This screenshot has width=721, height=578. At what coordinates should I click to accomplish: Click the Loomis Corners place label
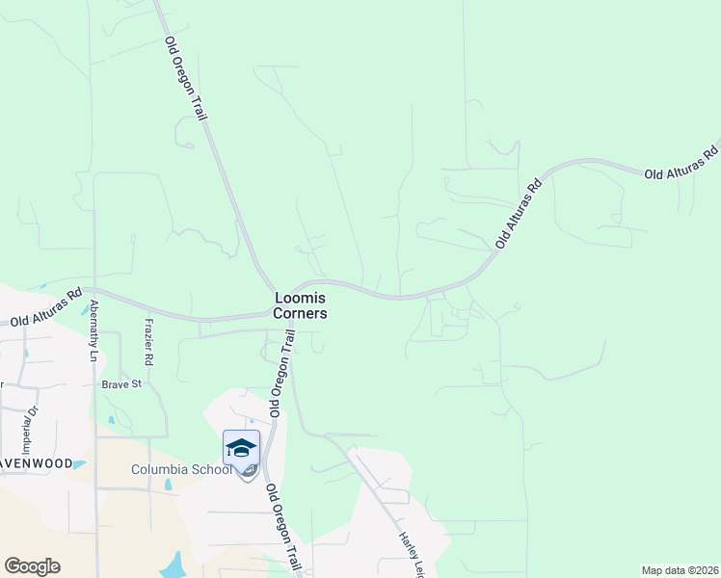coord(300,306)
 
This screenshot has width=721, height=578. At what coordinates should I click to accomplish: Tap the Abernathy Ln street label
coord(93,330)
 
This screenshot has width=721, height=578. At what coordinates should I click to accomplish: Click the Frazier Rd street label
coord(148,342)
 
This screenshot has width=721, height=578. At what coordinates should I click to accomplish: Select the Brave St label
coord(122,383)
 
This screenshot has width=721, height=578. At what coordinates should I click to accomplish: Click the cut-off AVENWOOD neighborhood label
coord(36,463)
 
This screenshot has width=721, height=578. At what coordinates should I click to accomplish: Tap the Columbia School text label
coord(182,470)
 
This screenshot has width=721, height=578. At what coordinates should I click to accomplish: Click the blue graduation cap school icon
coord(241,449)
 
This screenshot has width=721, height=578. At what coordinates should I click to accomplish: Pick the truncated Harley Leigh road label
coord(412,552)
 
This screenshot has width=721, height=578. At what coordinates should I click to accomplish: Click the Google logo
coord(32,566)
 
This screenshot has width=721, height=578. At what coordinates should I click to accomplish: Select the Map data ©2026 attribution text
coord(680,570)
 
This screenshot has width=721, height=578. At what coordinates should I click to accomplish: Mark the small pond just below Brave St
coord(112,420)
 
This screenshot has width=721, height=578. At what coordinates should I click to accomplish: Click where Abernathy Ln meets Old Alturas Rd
coord(93,289)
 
